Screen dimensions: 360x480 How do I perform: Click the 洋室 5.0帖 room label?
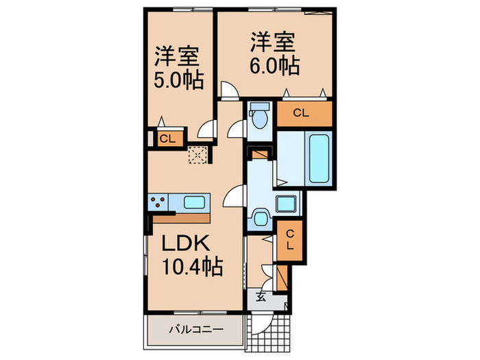click(178, 67)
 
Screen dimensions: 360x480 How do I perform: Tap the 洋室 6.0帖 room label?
click(273, 54)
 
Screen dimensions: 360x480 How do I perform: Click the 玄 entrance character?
click(262, 297)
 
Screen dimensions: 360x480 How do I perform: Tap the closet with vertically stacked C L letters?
click(289, 240)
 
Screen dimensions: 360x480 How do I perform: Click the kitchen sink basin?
click(195, 202)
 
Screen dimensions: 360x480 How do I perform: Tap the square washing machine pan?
click(285, 204)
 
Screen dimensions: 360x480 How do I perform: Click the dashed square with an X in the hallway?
click(198, 155)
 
